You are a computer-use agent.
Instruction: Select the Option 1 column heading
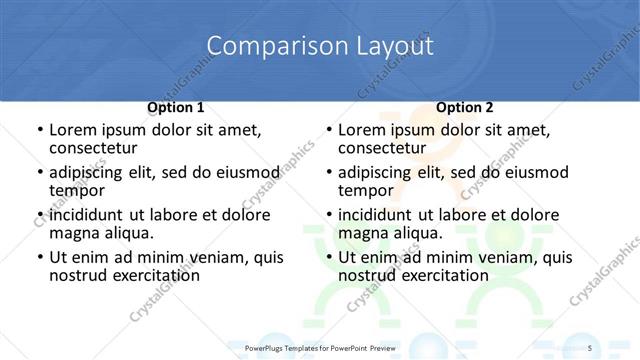(175, 106)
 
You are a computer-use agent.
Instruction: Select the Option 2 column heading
(465, 106)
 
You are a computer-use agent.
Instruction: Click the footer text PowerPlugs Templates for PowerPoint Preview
(320, 347)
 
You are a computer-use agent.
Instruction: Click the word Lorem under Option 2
(361, 130)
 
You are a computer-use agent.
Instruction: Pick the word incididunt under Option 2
(377, 215)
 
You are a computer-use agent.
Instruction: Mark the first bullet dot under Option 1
(39, 131)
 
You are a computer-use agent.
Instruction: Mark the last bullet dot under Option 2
(328, 258)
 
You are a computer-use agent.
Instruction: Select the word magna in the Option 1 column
(74, 233)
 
